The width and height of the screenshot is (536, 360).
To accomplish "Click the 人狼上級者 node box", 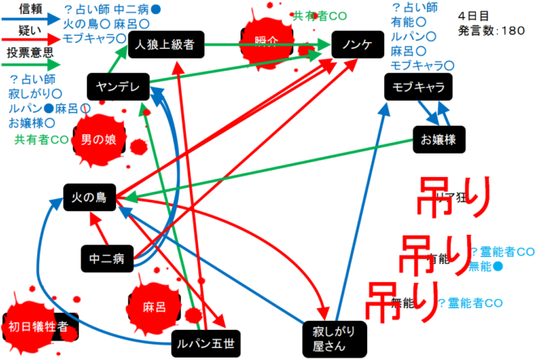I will click(166, 45).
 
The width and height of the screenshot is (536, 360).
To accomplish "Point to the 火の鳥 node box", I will click(91, 197).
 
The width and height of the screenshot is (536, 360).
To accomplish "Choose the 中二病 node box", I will click(107, 259).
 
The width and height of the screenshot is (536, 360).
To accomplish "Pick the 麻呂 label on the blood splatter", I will click(154, 307).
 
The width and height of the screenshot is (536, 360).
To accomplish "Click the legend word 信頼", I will click(30, 9).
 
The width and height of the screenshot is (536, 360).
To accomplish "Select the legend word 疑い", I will click(30, 30).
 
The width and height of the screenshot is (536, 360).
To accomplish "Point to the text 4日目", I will click(473, 15).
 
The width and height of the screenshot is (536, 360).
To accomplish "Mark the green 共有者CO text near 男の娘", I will click(41, 140).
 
